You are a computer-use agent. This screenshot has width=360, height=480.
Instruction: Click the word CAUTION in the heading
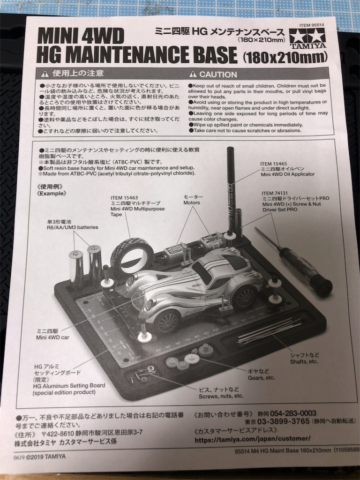pyautogui.click(x=218, y=75)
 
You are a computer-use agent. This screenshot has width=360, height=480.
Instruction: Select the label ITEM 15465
pyautogui.click(x=273, y=164)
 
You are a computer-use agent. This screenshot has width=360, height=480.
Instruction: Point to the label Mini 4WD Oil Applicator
pyautogui.click(x=287, y=174)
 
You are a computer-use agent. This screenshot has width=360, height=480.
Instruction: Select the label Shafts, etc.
pyautogui.click(x=304, y=362)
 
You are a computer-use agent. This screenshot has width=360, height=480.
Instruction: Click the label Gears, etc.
pyautogui.click(x=261, y=378)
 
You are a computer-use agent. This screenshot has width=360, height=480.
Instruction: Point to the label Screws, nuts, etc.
pyautogui.click(x=221, y=396)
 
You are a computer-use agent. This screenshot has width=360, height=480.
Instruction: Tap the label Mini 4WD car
pyautogui.click(x=52, y=337)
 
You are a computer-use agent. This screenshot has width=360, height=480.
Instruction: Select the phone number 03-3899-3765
pyautogui.click(x=284, y=421)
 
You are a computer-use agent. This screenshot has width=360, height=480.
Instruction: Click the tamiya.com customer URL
pyautogui.click(x=253, y=439)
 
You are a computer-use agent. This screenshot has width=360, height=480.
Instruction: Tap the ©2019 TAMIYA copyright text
pyautogui.click(x=46, y=457)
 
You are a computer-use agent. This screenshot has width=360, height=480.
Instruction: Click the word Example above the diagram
pyautogui.click(x=52, y=194)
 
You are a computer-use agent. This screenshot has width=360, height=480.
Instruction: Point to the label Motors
pyautogui.click(x=192, y=202)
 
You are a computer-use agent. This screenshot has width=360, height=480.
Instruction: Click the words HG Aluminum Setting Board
pyautogui.click(x=69, y=386)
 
